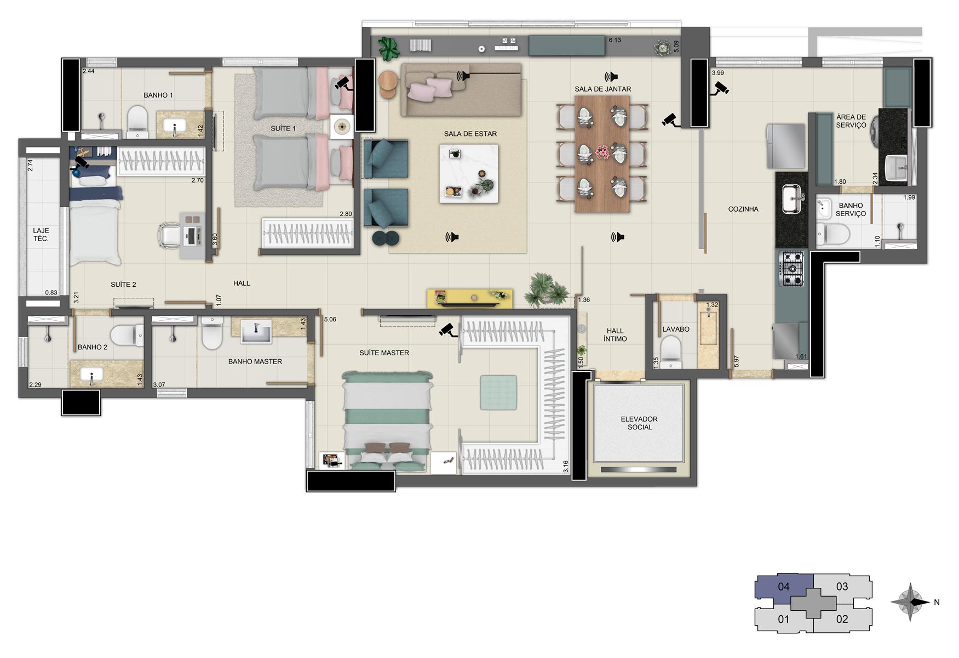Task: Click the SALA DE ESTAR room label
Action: (470, 134)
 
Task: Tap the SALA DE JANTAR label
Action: (603, 89)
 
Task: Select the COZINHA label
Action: (743, 209)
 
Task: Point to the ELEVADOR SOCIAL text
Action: (639, 423)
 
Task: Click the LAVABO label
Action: (676, 329)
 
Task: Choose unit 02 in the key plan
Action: (842, 619)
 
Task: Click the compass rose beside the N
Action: (910, 602)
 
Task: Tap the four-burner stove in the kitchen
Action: (791, 269)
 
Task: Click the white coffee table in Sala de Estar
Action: (469, 173)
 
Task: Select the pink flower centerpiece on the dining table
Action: (602, 151)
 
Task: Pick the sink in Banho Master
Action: (256, 332)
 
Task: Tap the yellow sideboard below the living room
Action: (470, 298)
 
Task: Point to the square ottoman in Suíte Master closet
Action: (498, 392)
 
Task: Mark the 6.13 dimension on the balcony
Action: (615, 40)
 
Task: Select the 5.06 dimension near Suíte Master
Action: (330, 319)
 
